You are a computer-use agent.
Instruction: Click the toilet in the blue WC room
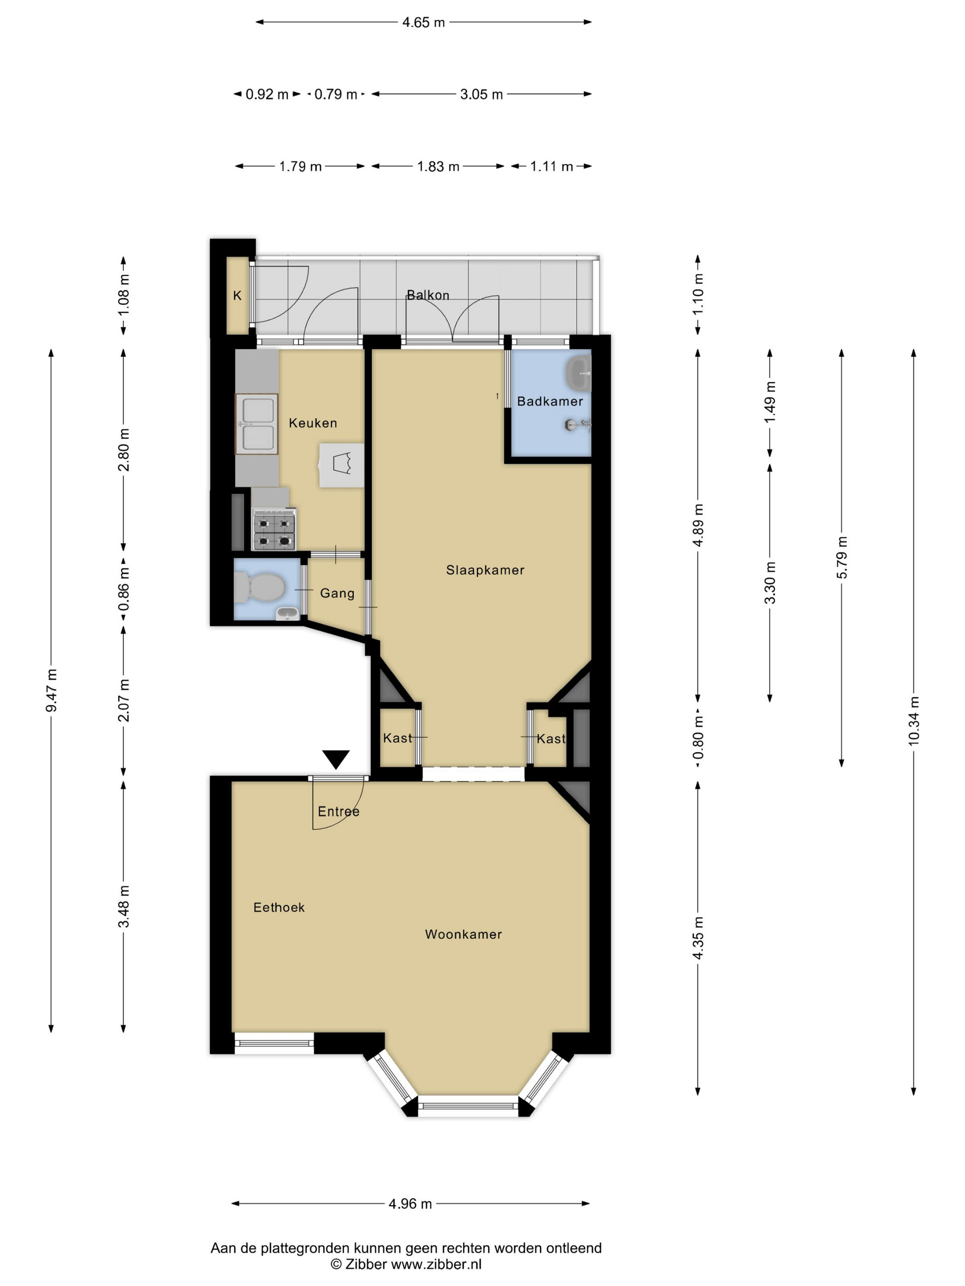tap(260, 587)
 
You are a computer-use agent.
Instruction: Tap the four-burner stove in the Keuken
tap(274, 530)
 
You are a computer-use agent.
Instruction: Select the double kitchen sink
tap(256, 423)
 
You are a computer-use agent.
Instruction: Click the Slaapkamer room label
tap(485, 570)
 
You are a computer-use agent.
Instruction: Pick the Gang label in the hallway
tap(337, 593)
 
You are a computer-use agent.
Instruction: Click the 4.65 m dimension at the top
tap(424, 22)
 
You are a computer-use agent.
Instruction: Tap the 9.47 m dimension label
tap(51, 690)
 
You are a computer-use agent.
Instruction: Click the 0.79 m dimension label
tap(335, 94)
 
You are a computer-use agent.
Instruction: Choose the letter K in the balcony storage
tap(237, 295)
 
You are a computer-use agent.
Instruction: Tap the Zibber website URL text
tap(436, 1264)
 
